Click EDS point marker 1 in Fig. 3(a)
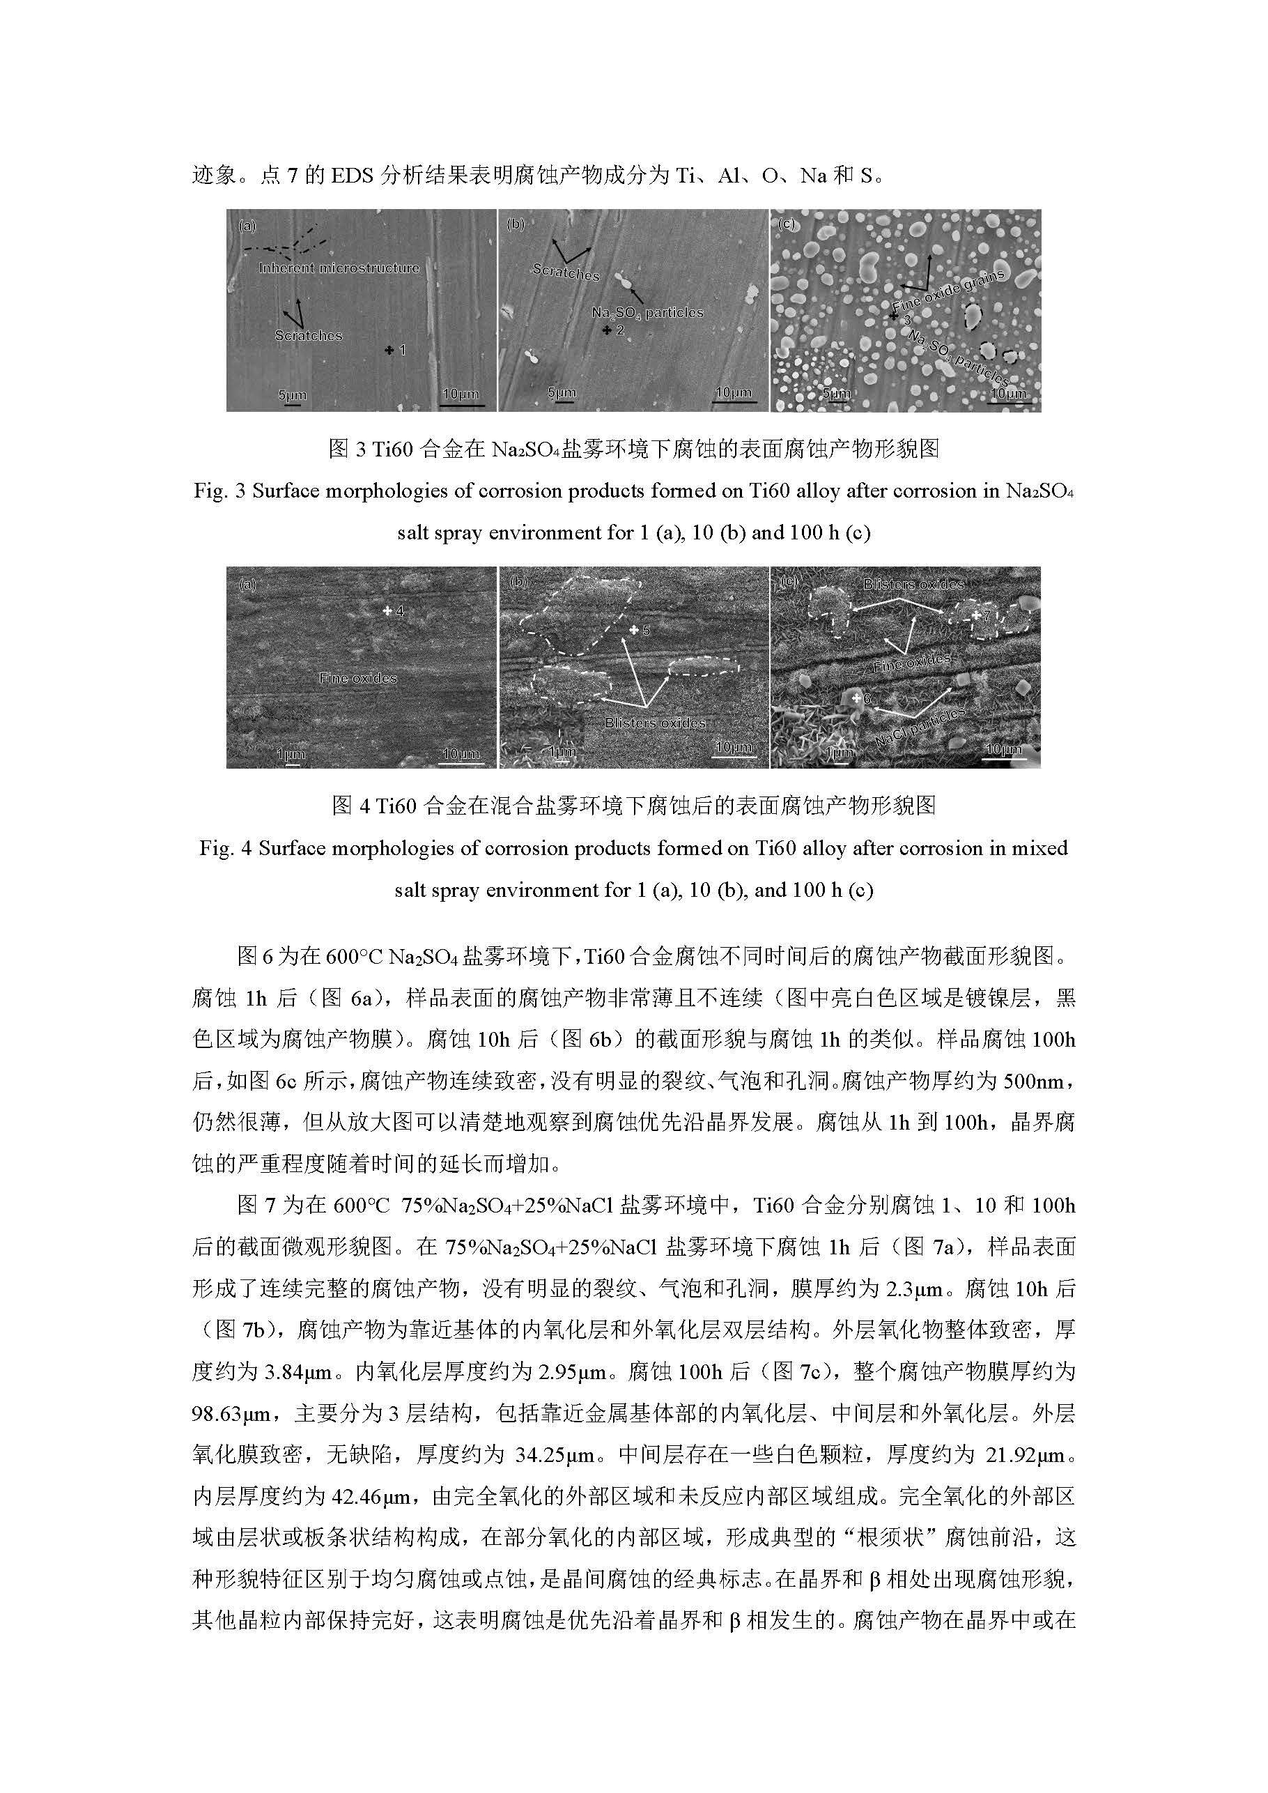coord(389,351)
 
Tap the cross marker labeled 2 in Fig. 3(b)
coord(607,330)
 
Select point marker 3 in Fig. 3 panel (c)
coord(895,317)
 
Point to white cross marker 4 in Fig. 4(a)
coord(387,610)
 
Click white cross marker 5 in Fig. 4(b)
coord(634,629)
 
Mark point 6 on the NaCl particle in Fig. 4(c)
coord(856,698)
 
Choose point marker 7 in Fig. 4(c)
coord(976,615)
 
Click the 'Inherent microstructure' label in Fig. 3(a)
coord(339,268)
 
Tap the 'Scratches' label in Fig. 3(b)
coord(565,272)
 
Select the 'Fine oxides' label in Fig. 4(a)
coord(357,679)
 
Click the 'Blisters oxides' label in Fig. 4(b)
coord(655,723)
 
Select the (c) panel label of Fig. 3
coord(787,225)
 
